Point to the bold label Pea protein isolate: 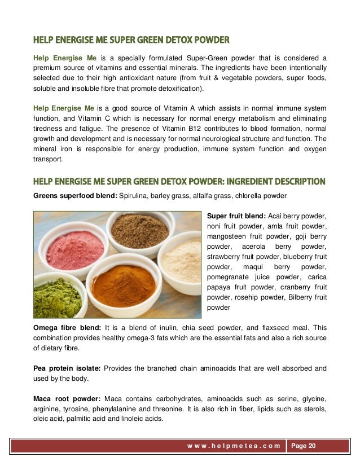67,368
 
